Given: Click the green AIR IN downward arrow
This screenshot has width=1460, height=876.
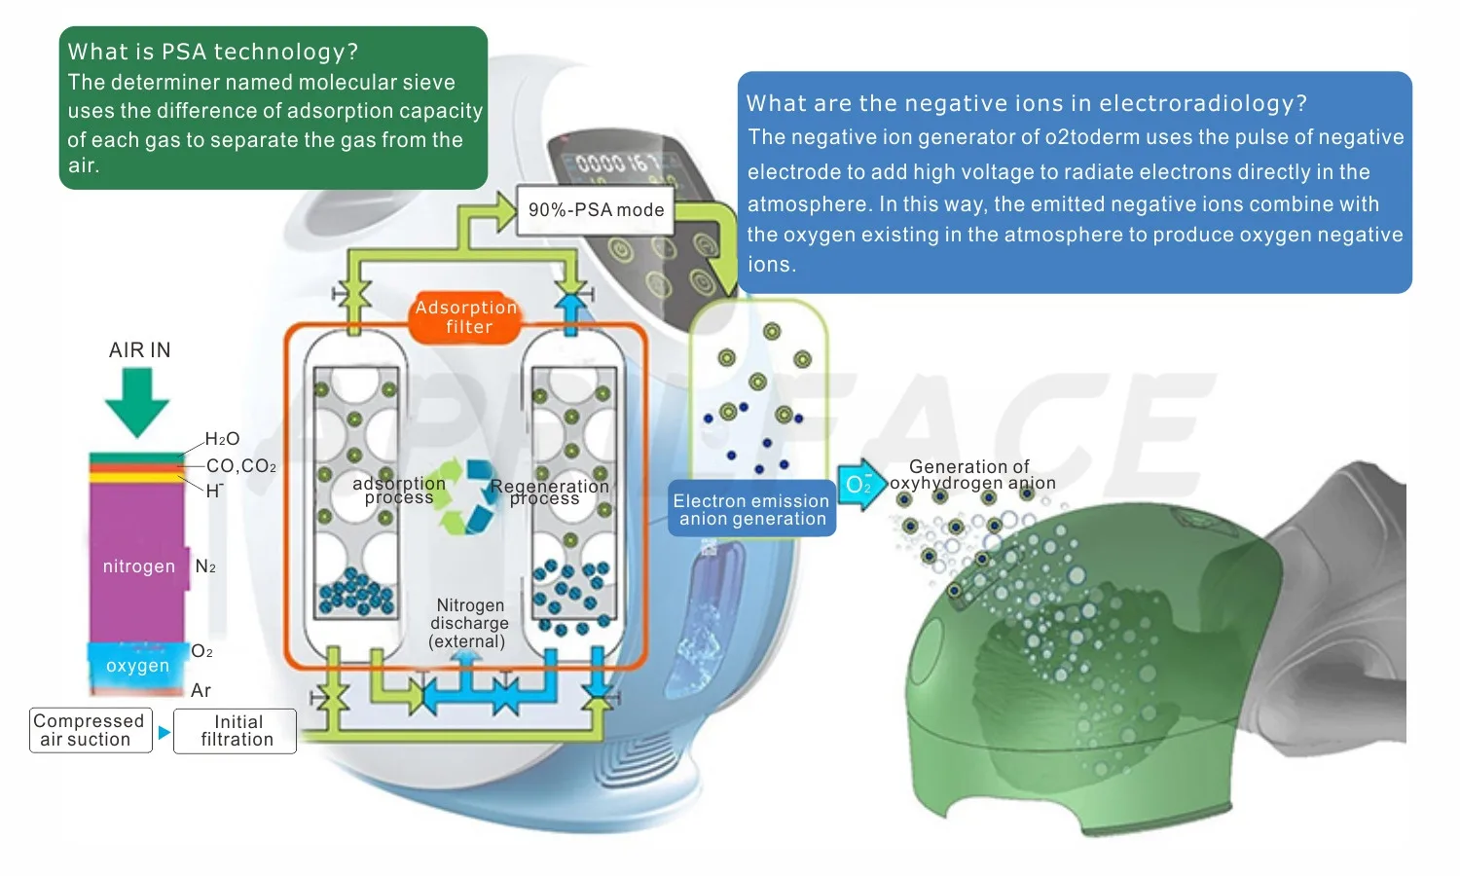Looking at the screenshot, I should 137,401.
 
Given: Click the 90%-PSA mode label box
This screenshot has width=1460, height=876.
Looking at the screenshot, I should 595,210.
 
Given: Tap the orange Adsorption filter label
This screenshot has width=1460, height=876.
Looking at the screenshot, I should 467,317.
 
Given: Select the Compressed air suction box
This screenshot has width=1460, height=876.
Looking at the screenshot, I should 90,730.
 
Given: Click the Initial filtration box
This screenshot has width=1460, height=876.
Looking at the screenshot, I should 237,730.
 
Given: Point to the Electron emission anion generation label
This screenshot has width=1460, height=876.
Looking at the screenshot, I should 751,509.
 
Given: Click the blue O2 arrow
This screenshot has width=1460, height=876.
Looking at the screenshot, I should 860,484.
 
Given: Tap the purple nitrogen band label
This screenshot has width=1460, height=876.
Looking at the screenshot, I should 139,566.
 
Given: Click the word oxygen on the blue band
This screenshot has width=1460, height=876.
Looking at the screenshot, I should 137,666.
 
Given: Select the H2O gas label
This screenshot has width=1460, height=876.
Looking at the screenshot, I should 222,439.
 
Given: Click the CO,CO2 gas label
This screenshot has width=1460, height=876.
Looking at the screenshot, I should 240,466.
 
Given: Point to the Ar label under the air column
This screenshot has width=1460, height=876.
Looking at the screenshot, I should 201,690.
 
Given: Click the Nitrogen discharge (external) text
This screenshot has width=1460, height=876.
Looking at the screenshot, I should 469,623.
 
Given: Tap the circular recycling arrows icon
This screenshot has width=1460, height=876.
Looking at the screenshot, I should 467,496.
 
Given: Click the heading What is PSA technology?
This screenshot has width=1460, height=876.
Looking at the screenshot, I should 213,52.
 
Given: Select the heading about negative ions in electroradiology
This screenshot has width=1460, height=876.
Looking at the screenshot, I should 1026,103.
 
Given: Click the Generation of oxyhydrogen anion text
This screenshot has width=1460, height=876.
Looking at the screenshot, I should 970,475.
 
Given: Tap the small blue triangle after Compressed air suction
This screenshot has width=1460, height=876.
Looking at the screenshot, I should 164,732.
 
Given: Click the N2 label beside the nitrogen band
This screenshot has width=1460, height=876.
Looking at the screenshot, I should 205,566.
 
